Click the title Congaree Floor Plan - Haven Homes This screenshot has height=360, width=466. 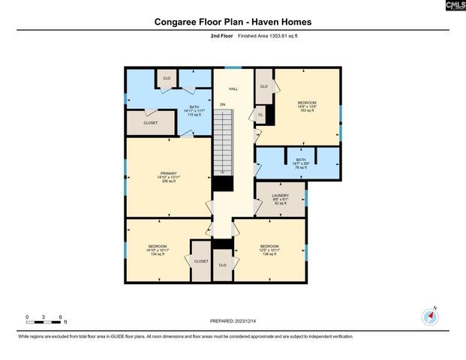[x=233, y=22]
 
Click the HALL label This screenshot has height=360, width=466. [x=233, y=89]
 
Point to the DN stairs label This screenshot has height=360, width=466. [x=223, y=104]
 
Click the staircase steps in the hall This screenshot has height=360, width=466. [x=223, y=142]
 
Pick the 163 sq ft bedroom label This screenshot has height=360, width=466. [x=307, y=106]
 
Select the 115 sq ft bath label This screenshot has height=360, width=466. [x=173, y=111]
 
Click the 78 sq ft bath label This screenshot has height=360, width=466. [x=301, y=163]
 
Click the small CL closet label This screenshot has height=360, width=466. [x=260, y=115]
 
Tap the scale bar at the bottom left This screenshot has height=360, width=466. [x=44, y=321]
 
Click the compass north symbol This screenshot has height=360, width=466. [x=430, y=316]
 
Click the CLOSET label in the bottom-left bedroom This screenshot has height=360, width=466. [x=201, y=261]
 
